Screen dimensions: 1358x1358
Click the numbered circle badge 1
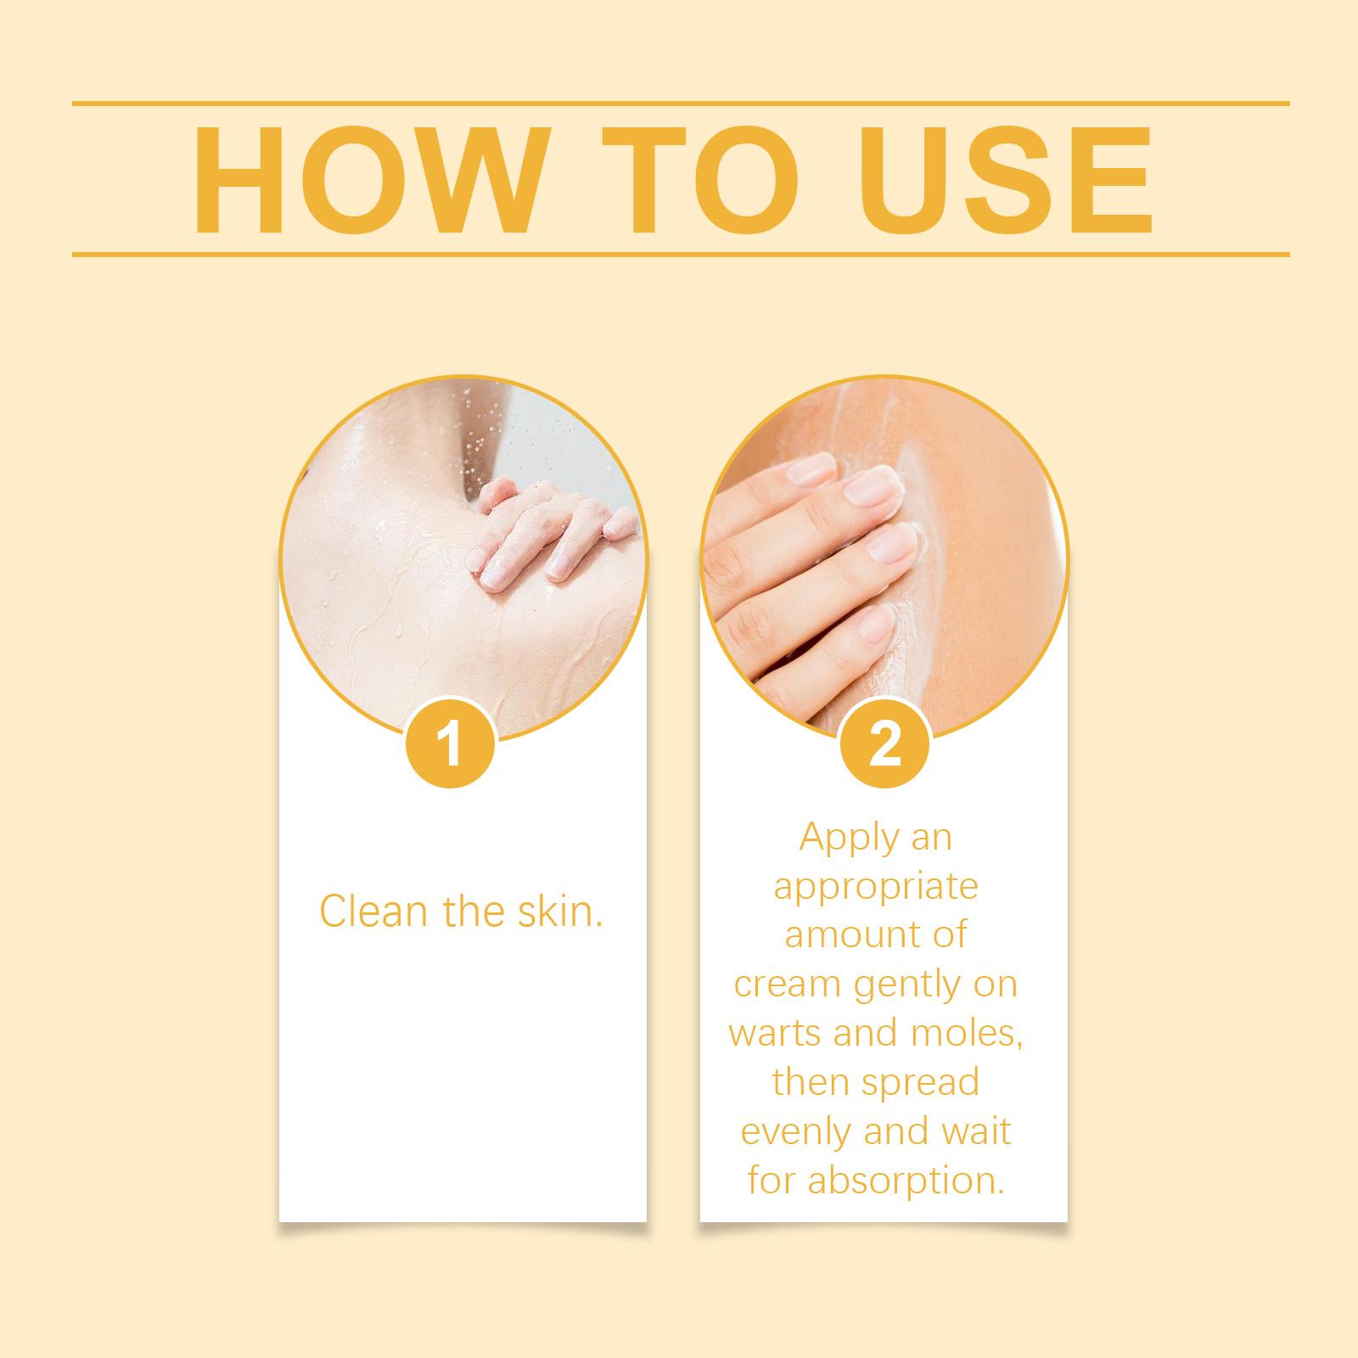tap(451, 744)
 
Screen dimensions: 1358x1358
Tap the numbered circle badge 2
tap(884, 744)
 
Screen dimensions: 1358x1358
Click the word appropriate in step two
tap(876, 886)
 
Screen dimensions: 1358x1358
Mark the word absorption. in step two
tap(906, 1181)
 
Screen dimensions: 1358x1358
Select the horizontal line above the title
tap(681, 104)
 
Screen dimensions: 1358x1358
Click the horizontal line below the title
tap(681, 254)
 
